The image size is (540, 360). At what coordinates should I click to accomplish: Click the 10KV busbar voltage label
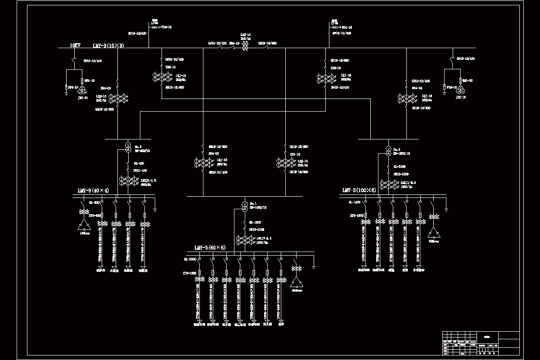(x=75, y=45)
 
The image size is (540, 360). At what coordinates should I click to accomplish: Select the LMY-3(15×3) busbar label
(x=108, y=45)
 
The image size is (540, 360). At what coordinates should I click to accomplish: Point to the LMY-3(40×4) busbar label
(x=93, y=190)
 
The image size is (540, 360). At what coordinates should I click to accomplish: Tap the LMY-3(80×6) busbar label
(x=210, y=247)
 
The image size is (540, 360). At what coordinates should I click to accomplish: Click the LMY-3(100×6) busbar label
(x=359, y=190)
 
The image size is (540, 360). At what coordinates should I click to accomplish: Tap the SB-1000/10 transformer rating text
(x=258, y=207)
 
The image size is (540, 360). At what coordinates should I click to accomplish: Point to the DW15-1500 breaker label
(x=401, y=174)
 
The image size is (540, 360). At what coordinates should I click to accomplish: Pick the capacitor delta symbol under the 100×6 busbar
(x=434, y=232)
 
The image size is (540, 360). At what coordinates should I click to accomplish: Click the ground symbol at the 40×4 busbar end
(x=155, y=209)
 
